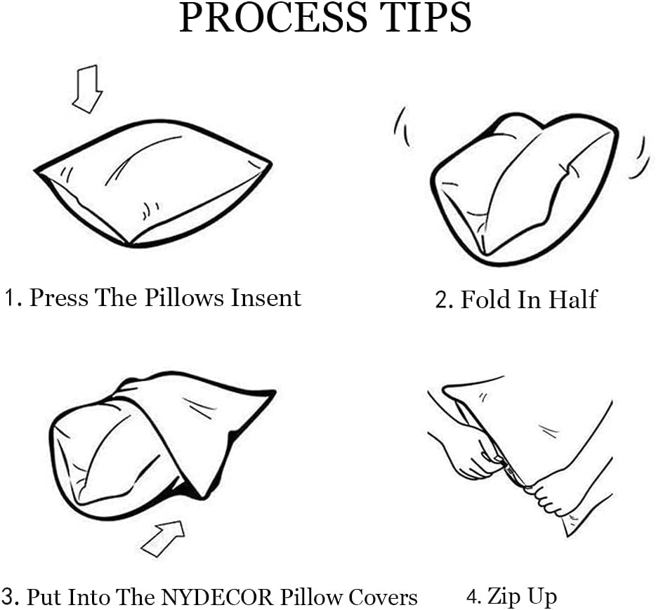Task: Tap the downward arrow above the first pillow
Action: coord(87,88)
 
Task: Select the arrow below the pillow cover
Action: coord(163,538)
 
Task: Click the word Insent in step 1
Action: coord(266,297)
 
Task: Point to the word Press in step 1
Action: coord(58,297)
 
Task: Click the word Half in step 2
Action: coord(572,299)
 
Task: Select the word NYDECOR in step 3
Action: coord(217,597)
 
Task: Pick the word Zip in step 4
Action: coord(501,597)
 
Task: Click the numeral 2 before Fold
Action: coord(442,300)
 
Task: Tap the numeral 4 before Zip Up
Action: coord(472,597)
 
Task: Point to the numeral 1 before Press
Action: coord(10,297)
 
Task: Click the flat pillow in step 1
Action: coord(153,184)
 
